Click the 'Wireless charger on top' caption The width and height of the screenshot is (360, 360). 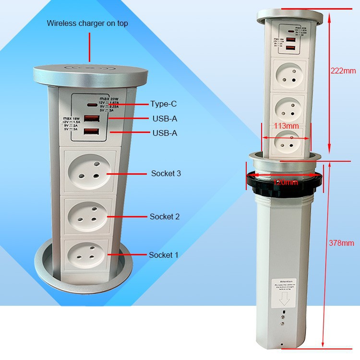pyautogui.click(x=87, y=23)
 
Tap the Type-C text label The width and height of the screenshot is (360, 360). pyautogui.click(x=164, y=104)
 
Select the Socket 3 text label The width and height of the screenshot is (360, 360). pyautogui.click(x=166, y=173)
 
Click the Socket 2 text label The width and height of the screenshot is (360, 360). pyautogui.click(x=165, y=216)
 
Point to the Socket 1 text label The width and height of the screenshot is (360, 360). pyautogui.click(x=163, y=255)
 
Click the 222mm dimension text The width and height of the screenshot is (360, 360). pyautogui.click(x=343, y=71)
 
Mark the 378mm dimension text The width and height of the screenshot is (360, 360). pyautogui.click(x=341, y=243)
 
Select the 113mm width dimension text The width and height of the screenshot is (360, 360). pyautogui.click(x=286, y=126)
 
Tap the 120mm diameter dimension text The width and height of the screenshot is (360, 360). pyautogui.click(x=286, y=182)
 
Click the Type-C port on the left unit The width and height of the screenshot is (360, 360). pyautogui.click(x=91, y=105)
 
